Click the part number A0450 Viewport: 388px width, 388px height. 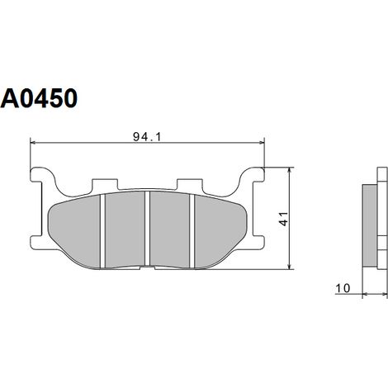(x=39, y=98)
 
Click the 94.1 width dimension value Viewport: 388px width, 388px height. (x=147, y=137)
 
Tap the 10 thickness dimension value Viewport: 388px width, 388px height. (x=343, y=288)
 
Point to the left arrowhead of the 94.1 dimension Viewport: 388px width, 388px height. (x=33, y=143)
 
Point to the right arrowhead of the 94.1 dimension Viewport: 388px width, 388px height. (x=261, y=143)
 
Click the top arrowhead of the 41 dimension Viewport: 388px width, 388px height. (x=289, y=170)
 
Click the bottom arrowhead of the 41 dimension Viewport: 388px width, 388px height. (x=289, y=266)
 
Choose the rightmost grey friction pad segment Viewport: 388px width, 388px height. (x=220, y=230)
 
